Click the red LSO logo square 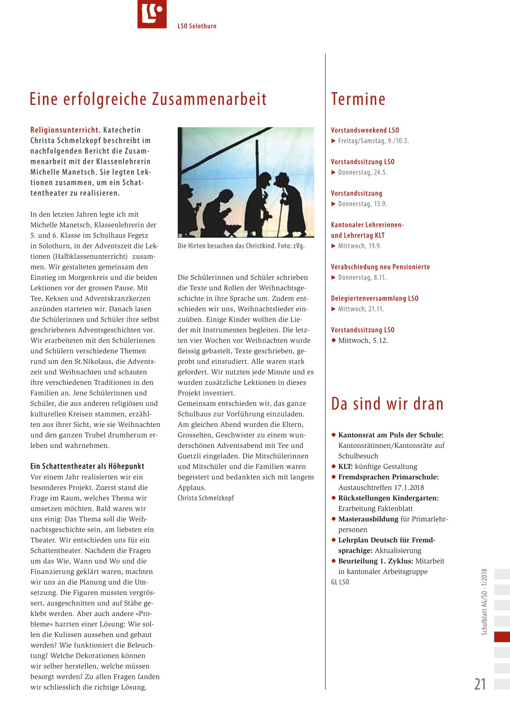coord(152,14)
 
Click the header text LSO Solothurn coord(197,26)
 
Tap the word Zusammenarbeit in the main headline coord(209,99)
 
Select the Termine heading coord(358,99)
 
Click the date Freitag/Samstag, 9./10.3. coord(373,141)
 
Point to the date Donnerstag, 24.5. coord(362,172)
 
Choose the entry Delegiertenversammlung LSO coord(374,298)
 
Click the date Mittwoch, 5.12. coord(363,340)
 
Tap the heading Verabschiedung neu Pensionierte coord(380,267)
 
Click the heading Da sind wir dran coord(387,404)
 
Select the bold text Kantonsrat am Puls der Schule coord(391,435)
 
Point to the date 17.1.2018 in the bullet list coord(409,487)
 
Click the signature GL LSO coord(340,582)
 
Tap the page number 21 coord(480,684)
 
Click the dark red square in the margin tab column coord(502,637)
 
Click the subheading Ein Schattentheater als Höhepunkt coord(87,466)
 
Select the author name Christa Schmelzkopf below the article coord(206,498)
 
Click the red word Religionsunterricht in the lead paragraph coord(65,130)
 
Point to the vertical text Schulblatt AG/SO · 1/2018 coord(484,602)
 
